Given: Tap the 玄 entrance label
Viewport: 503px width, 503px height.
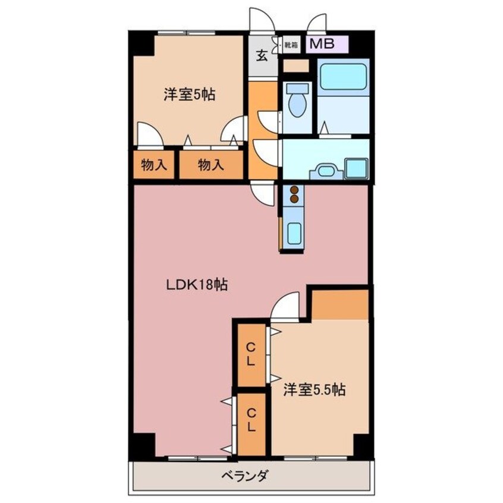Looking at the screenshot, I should click(x=262, y=56).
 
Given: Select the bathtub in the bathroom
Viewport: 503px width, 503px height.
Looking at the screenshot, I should click(x=343, y=77).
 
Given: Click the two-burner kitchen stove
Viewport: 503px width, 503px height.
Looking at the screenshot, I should click(x=293, y=196).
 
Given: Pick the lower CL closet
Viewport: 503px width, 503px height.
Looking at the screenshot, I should click(x=251, y=420).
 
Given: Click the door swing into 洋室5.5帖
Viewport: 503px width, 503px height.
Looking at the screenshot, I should click(x=285, y=307).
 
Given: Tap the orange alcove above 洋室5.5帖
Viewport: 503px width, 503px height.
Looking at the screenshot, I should click(x=339, y=304).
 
